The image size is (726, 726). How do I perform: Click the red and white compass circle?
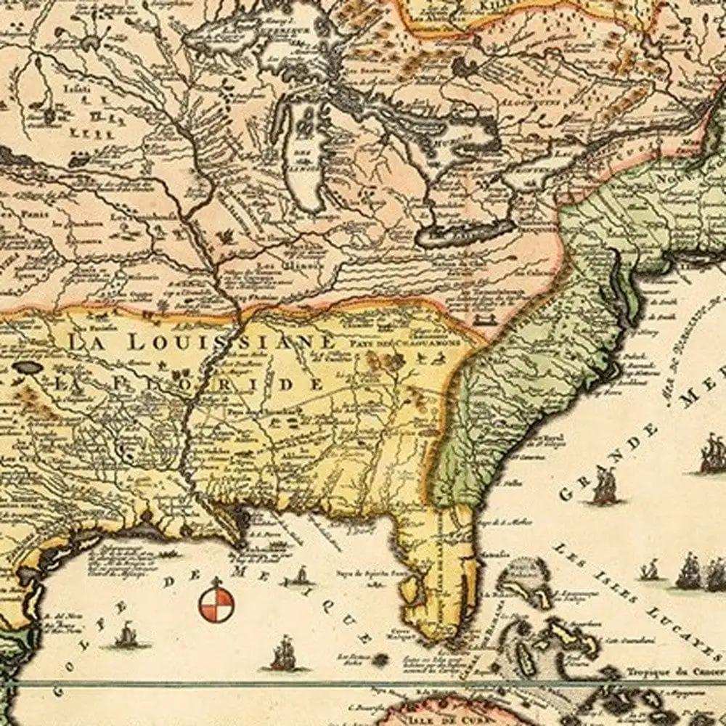(216, 604)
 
